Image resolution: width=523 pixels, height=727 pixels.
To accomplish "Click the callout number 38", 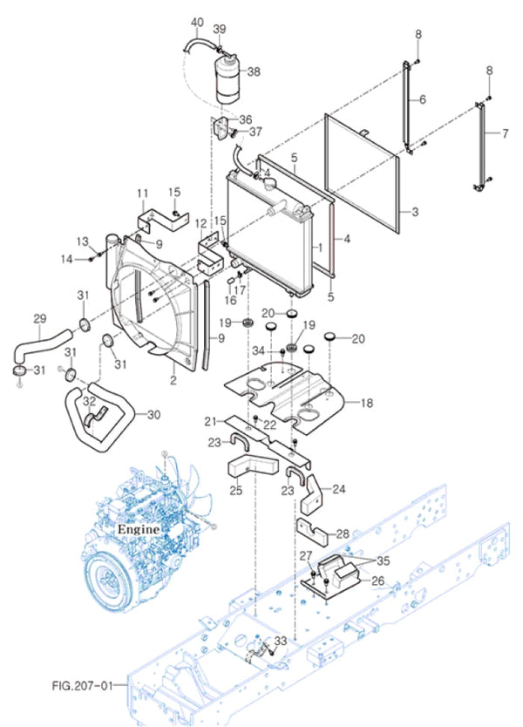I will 254,71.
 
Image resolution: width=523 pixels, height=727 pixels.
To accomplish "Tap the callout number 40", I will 196,22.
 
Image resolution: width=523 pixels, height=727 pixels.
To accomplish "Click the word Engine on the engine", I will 139,529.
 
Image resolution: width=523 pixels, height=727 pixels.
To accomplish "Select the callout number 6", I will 422,100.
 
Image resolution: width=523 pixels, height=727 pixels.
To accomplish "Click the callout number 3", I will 416,212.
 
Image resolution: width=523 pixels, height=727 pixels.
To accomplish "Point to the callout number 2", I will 173,381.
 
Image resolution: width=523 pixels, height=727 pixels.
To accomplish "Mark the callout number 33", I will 280,641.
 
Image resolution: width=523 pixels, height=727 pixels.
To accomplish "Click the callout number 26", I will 378,581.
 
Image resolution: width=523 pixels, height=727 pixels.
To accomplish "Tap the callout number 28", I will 343,533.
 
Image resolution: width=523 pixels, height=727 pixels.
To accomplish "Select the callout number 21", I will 209,422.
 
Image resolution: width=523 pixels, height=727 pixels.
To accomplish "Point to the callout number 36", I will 245,119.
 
